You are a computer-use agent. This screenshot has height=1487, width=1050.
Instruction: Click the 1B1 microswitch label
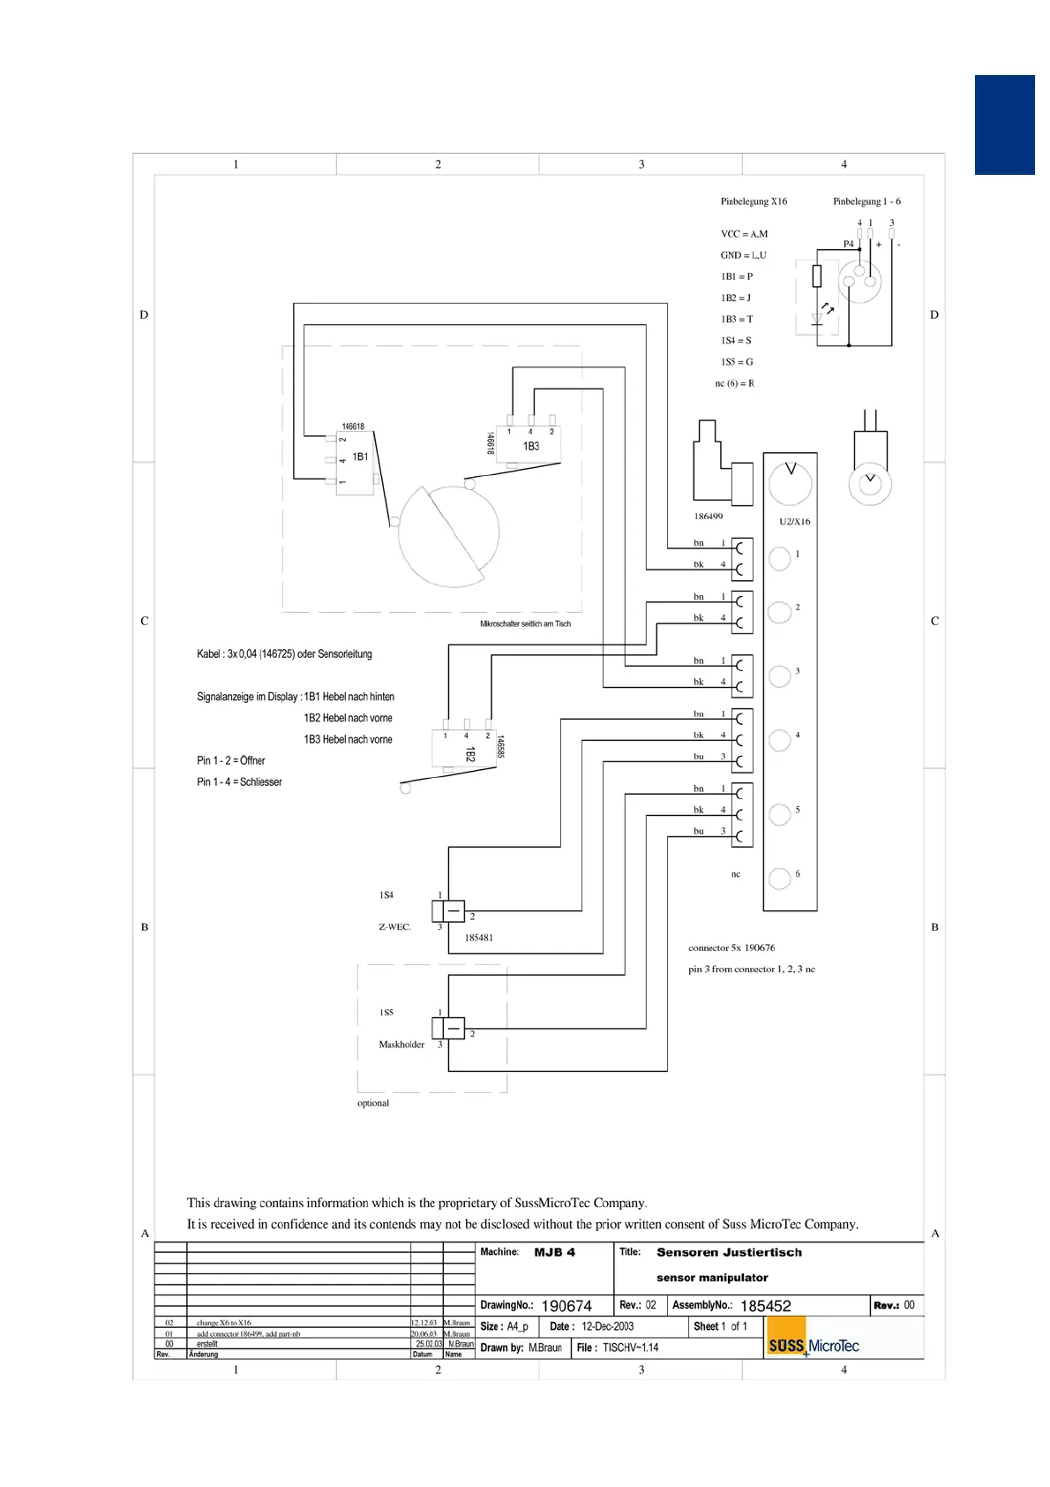tap(360, 457)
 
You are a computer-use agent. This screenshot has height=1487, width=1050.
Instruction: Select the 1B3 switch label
tap(531, 446)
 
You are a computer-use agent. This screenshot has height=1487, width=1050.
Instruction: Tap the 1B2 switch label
tap(470, 754)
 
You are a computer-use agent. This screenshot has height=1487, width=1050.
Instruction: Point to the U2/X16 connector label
tap(794, 522)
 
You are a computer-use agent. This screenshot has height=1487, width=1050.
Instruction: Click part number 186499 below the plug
tap(708, 517)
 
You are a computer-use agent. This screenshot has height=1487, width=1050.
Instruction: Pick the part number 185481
tap(478, 938)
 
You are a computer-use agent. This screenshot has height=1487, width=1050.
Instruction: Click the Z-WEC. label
tap(394, 927)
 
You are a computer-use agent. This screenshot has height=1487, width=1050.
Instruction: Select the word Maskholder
tap(401, 1045)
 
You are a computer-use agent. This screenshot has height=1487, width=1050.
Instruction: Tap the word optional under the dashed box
tap(373, 1103)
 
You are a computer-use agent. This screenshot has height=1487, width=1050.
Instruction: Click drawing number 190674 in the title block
tap(566, 1306)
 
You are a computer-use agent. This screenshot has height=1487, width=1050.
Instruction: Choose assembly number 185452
tap(765, 1306)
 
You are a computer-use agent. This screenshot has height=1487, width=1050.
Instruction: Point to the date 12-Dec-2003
tap(607, 1326)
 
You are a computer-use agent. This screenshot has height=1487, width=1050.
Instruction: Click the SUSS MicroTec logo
tap(813, 1346)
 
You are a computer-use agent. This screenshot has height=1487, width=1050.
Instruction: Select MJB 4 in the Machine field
tap(554, 1252)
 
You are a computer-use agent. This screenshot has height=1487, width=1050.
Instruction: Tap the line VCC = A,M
tap(744, 234)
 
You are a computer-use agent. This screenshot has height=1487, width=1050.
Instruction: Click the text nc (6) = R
tap(734, 383)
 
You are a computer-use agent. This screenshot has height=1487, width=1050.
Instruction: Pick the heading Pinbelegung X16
tap(754, 201)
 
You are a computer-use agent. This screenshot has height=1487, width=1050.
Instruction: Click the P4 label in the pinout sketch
tap(848, 244)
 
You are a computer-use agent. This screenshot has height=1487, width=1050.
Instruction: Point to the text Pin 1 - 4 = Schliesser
tap(239, 782)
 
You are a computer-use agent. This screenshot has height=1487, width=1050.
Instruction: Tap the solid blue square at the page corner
tap(1004, 125)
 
